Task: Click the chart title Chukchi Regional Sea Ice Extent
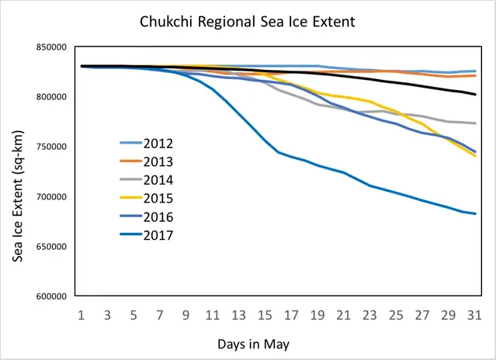[x=247, y=22]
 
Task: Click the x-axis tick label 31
[x=476, y=315]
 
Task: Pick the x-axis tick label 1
[x=81, y=315]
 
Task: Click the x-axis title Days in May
[x=279, y=342]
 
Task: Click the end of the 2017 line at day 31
[x=475, y=214]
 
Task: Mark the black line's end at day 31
[x=475, y=95]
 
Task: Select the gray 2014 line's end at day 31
[x=475, y=123]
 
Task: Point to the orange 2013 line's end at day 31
[x=475, y=75]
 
